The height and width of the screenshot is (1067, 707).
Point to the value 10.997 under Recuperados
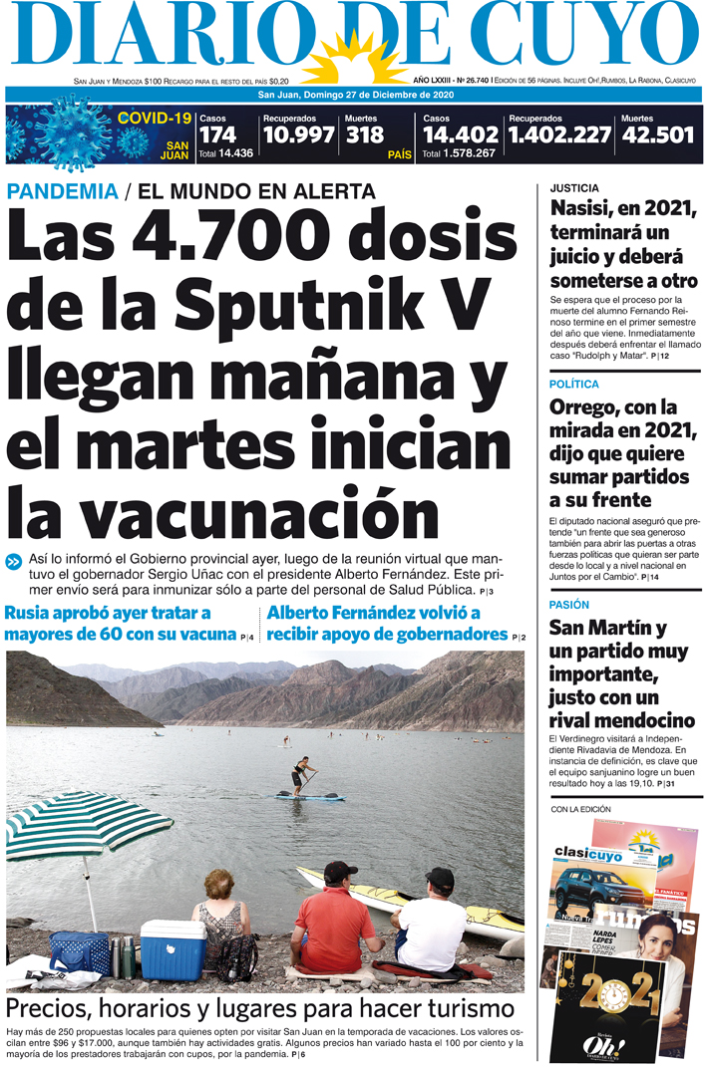tap(298, 135)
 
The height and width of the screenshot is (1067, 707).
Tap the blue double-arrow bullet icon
tap(14, 561)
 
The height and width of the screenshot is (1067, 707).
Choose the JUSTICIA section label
tap(574, 186)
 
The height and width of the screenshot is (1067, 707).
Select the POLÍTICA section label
tap(573, 384)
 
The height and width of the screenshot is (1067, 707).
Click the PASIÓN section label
tap(569, 605)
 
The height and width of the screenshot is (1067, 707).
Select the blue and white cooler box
tap(173, 948)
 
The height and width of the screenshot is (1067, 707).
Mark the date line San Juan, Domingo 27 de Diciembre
tap(356, 96)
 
